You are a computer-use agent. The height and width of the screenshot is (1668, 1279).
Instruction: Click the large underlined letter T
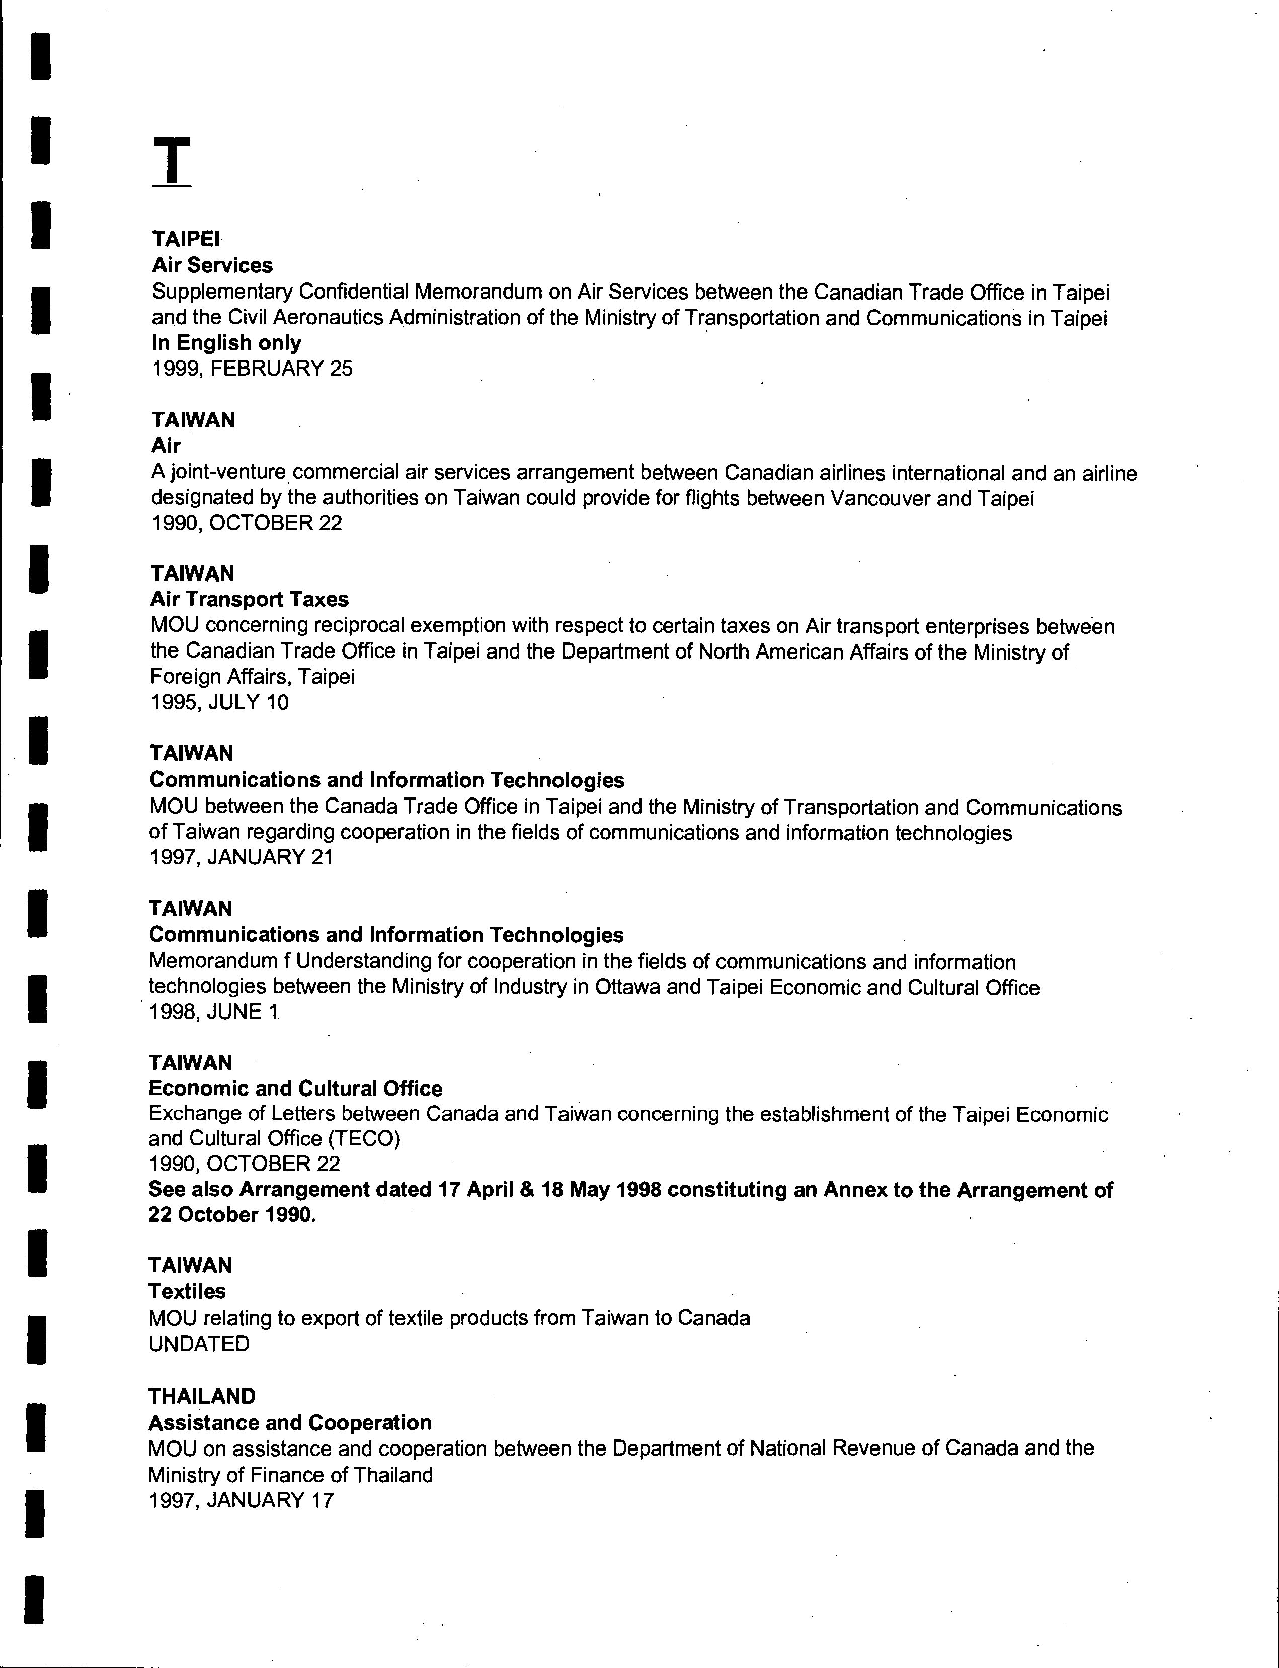click(172, 162)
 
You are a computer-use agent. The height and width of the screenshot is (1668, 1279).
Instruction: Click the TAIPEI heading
click(185, 239)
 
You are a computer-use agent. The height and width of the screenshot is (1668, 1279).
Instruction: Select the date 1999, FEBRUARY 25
click(252, 369)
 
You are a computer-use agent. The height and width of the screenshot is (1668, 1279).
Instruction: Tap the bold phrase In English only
click(226, 343)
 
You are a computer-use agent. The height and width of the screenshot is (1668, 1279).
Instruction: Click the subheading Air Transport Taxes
click(249, 600)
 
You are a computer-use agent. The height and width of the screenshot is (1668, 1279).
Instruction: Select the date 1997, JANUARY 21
click(242, 857)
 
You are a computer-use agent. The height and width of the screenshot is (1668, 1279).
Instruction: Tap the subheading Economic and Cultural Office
click(295, 1089)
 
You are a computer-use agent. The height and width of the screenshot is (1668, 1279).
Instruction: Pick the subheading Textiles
click(187, 1292)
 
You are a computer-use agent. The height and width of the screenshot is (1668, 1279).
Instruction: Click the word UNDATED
click(199, 1344)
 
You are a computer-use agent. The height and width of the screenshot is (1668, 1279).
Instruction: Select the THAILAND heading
click(202, 1396)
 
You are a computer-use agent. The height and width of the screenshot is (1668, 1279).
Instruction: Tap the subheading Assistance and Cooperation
click(289, 1423)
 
